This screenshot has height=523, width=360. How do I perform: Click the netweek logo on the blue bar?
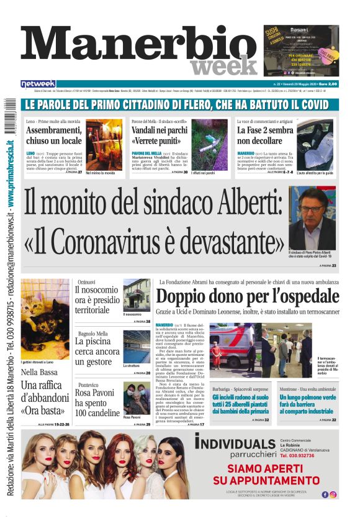click(x=38, y=84)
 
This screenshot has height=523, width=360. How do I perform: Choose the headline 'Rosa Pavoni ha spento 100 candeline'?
click(x=97, y=404)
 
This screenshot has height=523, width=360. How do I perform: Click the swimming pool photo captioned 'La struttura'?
click(x=136, y=347)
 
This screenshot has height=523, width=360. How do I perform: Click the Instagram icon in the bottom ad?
click(x=333, y=494)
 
